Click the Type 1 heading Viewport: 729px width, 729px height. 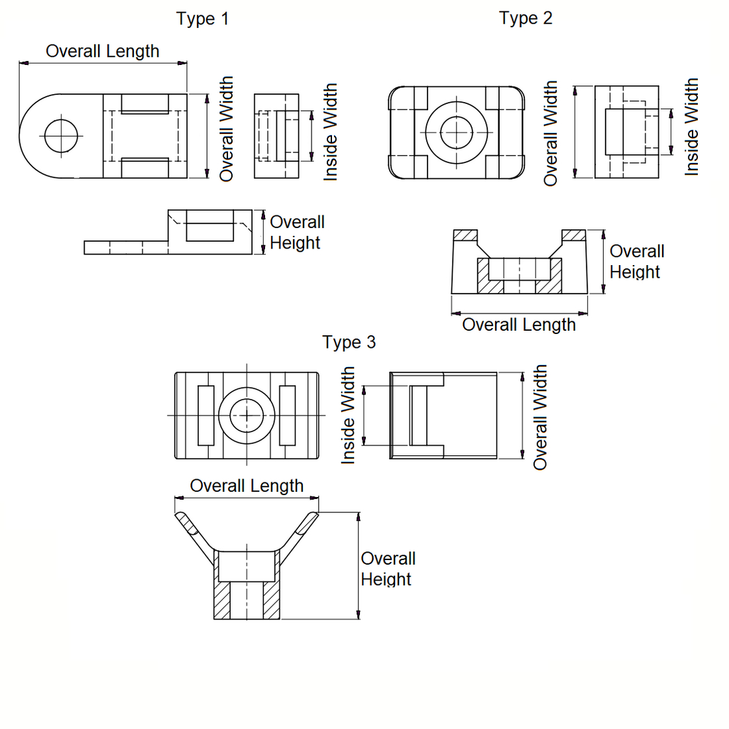click(203, 19)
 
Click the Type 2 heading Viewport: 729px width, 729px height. click(526, 18)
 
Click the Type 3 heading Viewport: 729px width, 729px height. click(349, 342)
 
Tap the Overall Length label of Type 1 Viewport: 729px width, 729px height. click(103, 51)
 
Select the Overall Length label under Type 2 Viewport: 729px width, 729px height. click(519, 325)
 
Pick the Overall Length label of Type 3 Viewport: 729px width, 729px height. click(247, 486)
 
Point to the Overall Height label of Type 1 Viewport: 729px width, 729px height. click(296, 233)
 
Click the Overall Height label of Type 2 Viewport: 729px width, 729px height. click(636, 262)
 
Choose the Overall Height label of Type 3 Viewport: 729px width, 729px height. click(388, 569)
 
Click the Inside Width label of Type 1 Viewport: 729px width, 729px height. click(330, 132)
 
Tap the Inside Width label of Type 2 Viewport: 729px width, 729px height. click(691, 127)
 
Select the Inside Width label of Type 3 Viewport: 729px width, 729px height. click(348, 416)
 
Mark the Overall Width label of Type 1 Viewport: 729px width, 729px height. click(227, 129)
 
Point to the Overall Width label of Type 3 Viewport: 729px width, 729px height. click(540, 417)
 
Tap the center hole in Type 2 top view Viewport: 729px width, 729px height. click(457, 133)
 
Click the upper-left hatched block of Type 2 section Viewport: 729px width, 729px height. click(465, 235)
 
